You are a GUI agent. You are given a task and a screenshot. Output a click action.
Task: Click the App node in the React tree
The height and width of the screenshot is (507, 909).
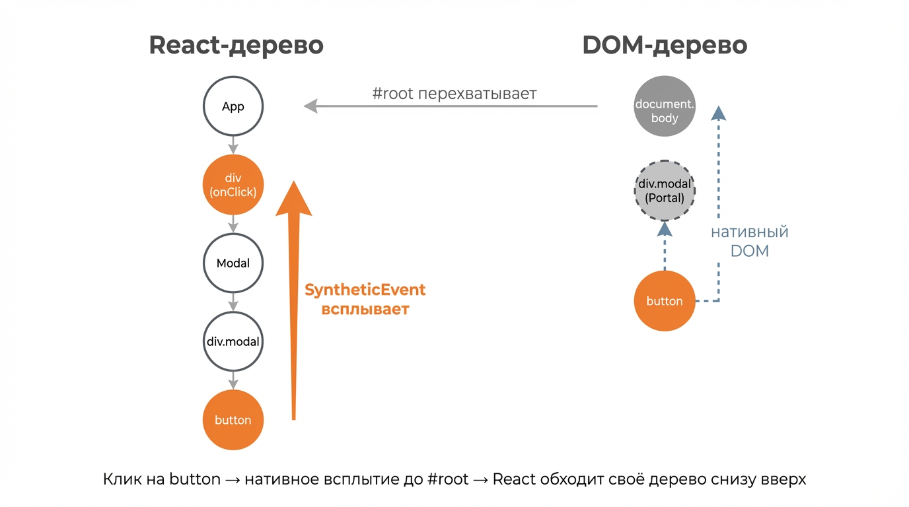233,106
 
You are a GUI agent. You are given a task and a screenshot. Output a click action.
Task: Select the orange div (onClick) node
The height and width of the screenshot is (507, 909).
233,185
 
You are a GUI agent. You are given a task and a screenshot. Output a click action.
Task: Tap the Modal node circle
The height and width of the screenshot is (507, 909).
233,263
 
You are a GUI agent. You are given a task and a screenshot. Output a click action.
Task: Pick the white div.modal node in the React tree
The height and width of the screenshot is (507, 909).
233,342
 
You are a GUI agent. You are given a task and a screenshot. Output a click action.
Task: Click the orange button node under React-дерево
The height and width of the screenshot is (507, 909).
233,420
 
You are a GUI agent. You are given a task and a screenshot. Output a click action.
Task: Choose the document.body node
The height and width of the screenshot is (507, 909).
665,106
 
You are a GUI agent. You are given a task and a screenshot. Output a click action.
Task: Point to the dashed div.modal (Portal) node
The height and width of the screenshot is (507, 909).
665,191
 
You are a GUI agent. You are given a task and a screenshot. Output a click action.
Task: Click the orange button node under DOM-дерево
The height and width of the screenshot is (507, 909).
665,301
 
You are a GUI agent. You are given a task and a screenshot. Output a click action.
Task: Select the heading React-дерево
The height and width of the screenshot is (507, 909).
236,45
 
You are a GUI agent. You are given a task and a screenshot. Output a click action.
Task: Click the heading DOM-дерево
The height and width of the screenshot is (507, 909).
665,45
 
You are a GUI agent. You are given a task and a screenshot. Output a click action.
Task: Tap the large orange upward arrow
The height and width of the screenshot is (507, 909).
293,297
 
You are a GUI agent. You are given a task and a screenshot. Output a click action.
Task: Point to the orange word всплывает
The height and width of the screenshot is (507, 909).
365,309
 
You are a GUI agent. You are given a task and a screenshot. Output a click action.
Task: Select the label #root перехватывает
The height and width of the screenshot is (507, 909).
454,94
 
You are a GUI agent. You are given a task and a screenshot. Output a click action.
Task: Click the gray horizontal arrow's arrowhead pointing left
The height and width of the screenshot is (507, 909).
310,106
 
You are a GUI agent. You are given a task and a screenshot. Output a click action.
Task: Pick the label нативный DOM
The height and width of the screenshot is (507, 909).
749,242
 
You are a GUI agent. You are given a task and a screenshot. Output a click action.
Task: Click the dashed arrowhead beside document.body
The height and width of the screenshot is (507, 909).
718,113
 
